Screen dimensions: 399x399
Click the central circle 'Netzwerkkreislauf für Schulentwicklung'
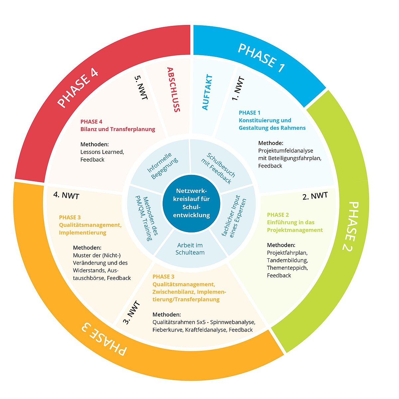191,203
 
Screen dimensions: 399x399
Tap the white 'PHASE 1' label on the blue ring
261,58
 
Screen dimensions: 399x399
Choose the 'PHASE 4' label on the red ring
78,88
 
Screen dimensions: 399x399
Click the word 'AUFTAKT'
207,92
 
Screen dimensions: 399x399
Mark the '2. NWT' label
315,196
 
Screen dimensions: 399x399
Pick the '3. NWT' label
131,313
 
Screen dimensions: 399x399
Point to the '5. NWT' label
141,87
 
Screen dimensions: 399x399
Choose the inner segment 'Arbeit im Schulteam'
190,249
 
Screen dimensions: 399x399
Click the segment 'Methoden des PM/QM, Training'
147,218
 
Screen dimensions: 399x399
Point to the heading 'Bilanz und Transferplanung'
118,129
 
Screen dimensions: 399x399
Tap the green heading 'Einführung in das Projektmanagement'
295,226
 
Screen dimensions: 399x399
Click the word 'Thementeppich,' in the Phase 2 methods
287,268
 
